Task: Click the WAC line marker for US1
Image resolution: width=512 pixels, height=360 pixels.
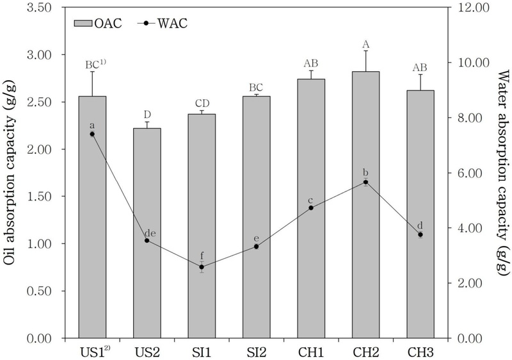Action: click(92, 134)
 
